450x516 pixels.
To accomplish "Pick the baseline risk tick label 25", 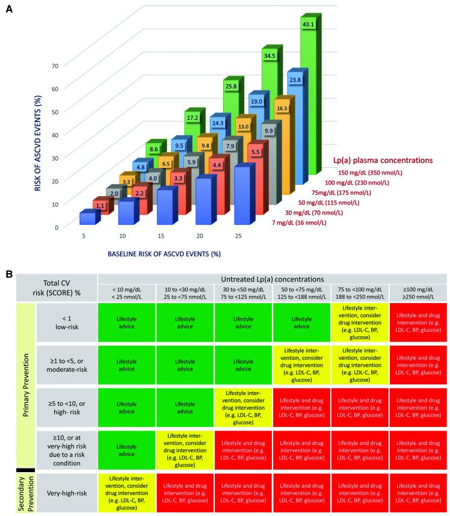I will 238,236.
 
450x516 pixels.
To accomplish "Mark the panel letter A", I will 9,11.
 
